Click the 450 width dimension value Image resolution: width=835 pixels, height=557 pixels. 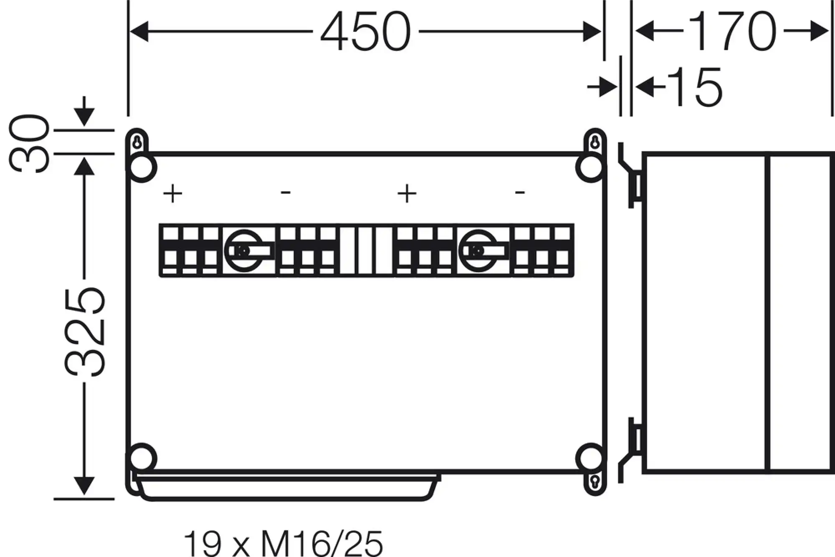click(x=366, y=32)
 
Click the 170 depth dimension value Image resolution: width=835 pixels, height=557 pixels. click(x=732, y=31)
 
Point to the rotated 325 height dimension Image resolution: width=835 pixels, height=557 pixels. click(x=84, y=332)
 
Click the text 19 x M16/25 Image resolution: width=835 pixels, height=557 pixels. click(x=283, y=542)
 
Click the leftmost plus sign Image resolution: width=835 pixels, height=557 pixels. click(x=172, y=194)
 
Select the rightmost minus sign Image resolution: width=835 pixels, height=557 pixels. click(x=520, y=192)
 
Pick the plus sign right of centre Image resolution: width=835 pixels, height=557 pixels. click(x=407, y=194)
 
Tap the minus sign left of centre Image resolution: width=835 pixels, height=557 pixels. click(x=286, y=192)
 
